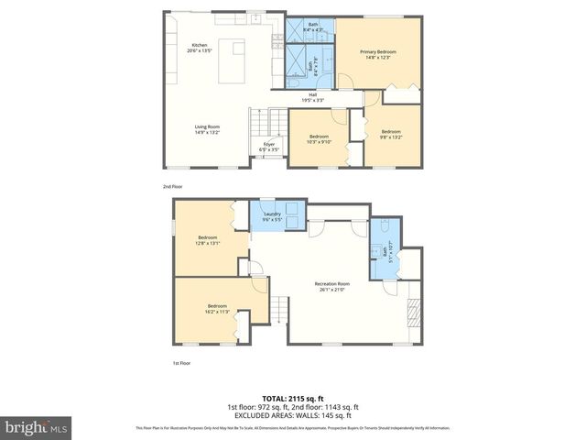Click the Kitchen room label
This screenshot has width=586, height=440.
tap(200, 48)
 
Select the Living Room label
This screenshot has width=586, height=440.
tap(207, 129)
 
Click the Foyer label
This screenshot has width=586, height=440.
tap(269, 146)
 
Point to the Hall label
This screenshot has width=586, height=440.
tap(312, 96)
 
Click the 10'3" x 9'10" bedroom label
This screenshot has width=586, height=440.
tap(319, 138)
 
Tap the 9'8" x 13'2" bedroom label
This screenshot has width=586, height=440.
tap(391, 134)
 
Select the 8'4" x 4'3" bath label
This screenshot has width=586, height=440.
tap(313, 27)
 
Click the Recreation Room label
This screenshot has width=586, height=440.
tap(332, 286)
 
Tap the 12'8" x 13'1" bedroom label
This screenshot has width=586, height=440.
tap(208, 240)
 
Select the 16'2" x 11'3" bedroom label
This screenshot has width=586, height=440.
tap(217, 308)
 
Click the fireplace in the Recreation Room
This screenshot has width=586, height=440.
tap(414, 313)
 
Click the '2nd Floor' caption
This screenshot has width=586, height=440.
tap(172, 186)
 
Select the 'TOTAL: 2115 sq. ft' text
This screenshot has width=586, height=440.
tap(293, 399)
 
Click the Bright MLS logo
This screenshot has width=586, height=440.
tap(37, 427)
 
